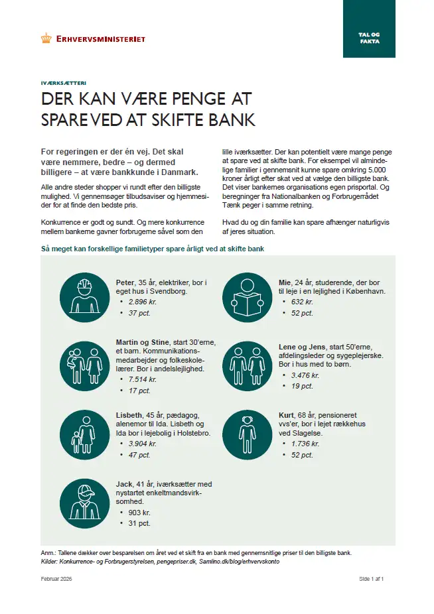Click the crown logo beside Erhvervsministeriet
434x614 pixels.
coord(46,38)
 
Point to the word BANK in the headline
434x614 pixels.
coord(233,121)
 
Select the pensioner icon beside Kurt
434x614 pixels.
coord(244,432)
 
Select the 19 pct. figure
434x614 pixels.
coord(302,386)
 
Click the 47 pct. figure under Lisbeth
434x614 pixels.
coord(139,455)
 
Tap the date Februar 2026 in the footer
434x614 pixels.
coord(56,579)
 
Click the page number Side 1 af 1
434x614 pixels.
coord(372,579)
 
